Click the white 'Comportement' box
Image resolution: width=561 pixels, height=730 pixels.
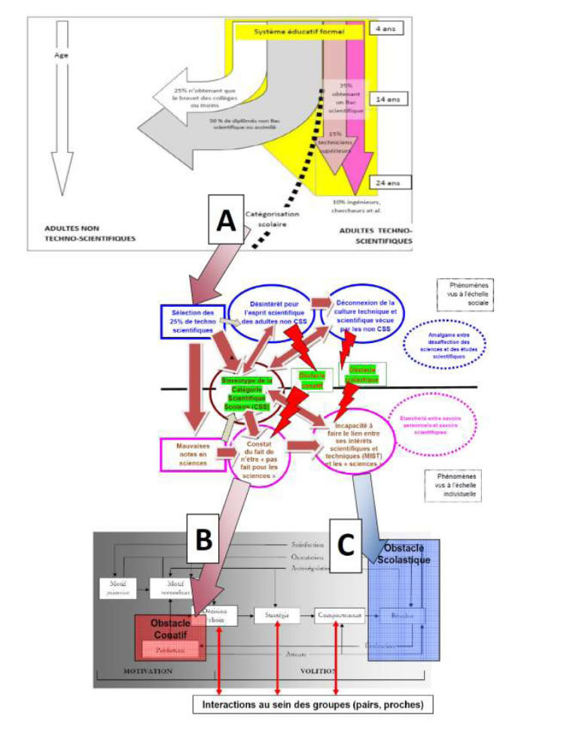coord(339,615)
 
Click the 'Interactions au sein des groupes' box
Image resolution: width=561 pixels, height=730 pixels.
coord(313,706)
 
